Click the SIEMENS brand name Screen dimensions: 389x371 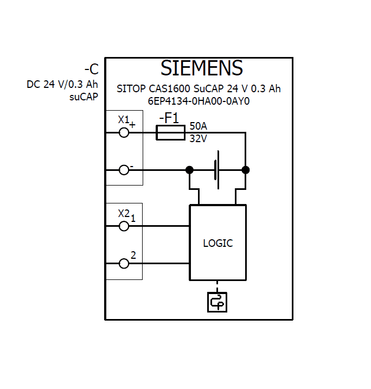tap(201, 68)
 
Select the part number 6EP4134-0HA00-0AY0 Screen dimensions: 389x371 tap(199, 101)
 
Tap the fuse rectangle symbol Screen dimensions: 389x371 tap(170, 132)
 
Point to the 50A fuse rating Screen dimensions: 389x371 tap(198, 126)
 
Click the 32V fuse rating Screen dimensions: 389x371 tap(198, 138)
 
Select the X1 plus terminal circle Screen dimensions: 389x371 tap(124, 132)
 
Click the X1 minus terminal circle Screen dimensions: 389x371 tap(124, 170)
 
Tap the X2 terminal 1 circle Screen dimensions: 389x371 tap(124, 226)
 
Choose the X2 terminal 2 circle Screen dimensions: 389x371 tap(124, 264)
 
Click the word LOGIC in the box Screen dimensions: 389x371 tap(218, 243)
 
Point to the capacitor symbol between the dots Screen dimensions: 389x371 tap(218, 170)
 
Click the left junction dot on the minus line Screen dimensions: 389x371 tap(189, 170)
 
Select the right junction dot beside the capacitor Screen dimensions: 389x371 tap(246, 170)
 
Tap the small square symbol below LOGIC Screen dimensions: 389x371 tap(217, 302)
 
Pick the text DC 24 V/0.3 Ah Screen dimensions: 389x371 tap(62, 85)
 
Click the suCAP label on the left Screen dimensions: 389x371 tap(84, 97)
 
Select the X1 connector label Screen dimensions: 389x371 tap(124, 119)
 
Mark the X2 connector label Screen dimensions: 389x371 tap(124, 213)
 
